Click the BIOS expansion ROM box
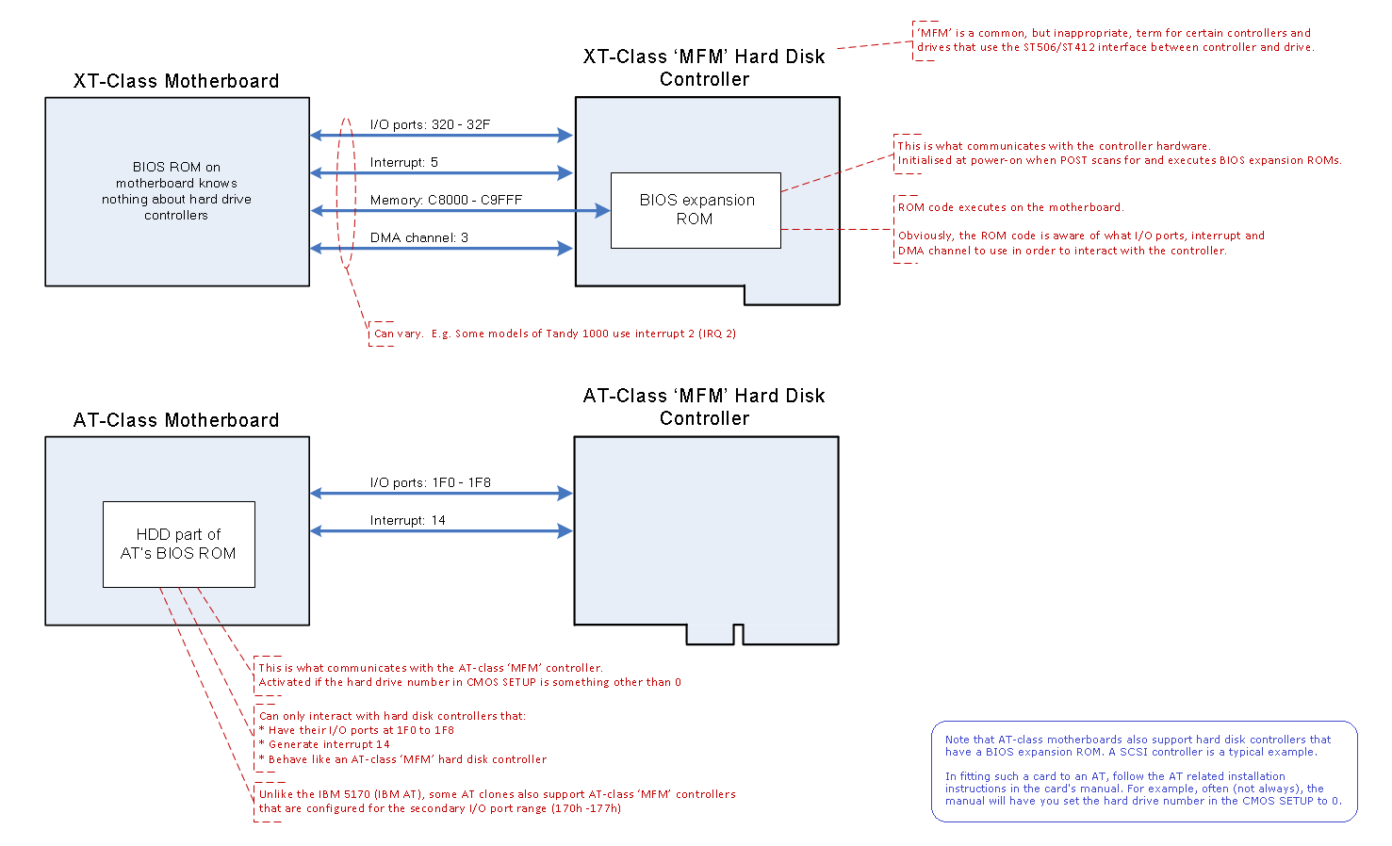click(x=696, y=210)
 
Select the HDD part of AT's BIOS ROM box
click(x=178, y=544)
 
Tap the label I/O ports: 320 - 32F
click(x=430, y=124)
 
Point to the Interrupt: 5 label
click(x=403, y=162)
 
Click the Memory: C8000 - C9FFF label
click(x=446, y=200)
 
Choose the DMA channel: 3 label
click(x=418, y=237)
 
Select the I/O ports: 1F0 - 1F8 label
click(x=430, y=482)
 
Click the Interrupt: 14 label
click(x=407, y=520)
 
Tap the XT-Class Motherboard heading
click(x=176, y=81)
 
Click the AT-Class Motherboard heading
click(x=176, y=420)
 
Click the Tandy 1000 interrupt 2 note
click(x=554, y=334)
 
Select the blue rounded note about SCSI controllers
click(x=1143, y=771)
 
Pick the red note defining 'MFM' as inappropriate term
click(x=1114, y=40)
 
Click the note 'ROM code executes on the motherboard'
click(x=1010, y=207)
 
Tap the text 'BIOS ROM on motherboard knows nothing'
click(x=176, y=191)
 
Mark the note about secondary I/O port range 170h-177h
click(x=497, y=801)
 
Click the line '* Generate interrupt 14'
click(x=324, y=744)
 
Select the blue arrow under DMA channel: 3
click(x=441, y=249)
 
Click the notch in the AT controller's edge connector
click(x=738, y=635)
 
